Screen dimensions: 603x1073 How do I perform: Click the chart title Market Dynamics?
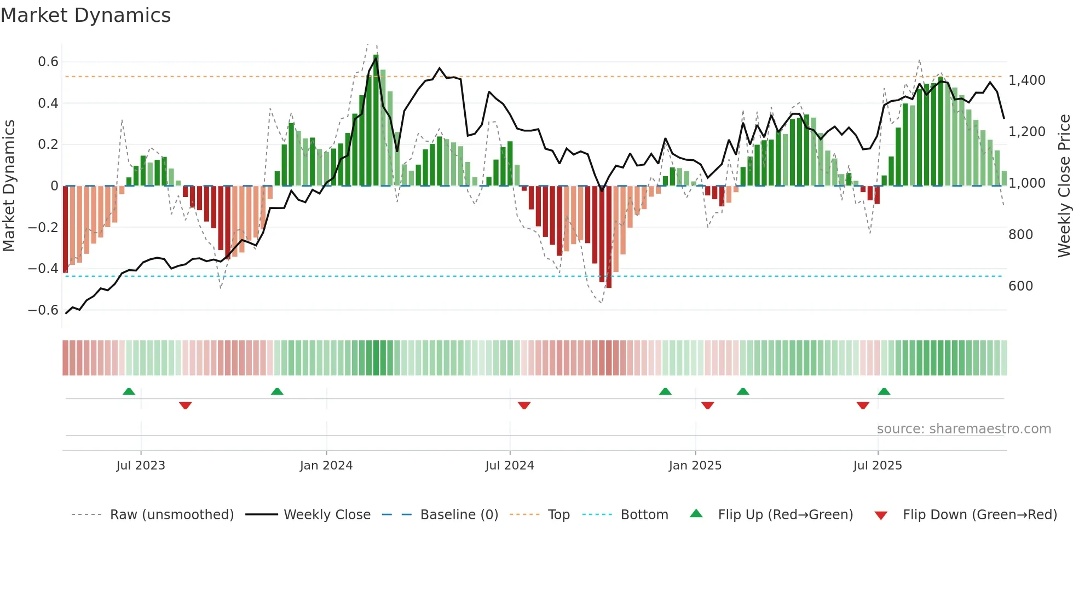tap(85, 15)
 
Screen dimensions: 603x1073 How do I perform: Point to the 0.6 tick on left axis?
tap(48, 62)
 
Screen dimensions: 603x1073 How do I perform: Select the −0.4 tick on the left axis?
tap(43, 269)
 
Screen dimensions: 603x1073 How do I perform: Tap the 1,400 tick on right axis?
tap(1027, 80)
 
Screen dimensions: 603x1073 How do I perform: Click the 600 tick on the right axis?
tap(1020, 286)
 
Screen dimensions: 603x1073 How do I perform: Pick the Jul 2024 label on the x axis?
tap(509, 466)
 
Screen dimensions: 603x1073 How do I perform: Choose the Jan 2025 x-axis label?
tap(695, 466)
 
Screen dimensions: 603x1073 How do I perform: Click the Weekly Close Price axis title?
tap(1064, 186)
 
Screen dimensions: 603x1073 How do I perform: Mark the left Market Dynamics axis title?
tap(9, 186)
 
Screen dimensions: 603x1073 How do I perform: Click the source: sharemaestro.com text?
tap(964, 429)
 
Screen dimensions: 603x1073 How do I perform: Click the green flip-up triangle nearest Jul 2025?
tap(884, 392)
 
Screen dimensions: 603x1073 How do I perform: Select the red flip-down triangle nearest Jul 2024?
tap(524, 405)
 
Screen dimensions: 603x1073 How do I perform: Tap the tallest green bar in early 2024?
tap(376, 120)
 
